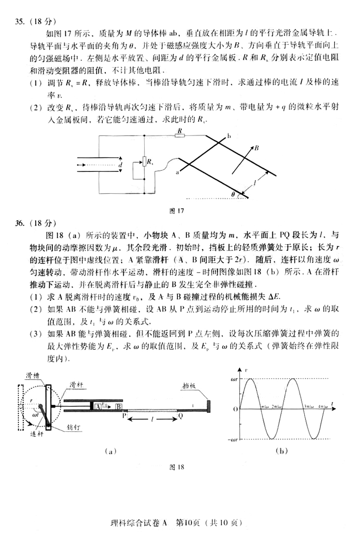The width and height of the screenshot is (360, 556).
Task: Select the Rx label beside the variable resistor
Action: [150, 163]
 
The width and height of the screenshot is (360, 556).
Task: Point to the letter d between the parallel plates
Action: [121, 165]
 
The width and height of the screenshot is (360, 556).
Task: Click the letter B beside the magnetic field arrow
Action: [257, 148]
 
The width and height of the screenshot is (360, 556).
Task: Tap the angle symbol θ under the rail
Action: [234, 195]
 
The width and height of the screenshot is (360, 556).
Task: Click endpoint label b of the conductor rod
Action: [228, 137]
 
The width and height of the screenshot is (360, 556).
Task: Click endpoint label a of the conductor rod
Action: [177, 173]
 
